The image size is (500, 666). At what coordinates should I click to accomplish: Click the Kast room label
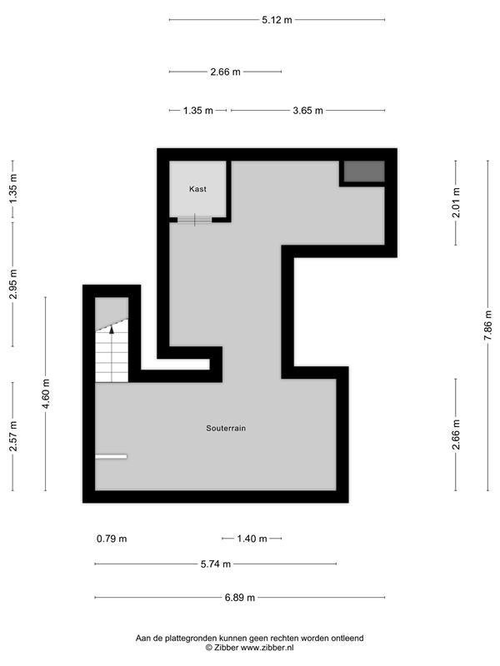pos(197,189)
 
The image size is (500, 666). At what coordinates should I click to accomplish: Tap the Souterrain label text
pos(226,428)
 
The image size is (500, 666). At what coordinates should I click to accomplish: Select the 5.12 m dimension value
pos(277,19)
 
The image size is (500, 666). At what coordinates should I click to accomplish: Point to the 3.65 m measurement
pos(307,111)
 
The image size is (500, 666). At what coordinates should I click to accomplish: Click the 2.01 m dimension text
pos(456,202)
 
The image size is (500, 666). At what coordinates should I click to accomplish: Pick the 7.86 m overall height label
pos(488,326)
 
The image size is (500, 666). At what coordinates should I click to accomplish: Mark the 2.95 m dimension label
pos(13,284)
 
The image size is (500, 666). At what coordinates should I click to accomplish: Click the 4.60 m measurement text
pos(46,394)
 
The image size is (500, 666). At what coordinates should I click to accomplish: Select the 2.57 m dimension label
pos(13,436)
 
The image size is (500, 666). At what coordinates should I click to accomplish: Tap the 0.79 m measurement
pos(112,539)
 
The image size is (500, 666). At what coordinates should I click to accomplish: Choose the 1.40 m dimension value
pos(252,539)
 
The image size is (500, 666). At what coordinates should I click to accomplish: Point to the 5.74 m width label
pos(216,564)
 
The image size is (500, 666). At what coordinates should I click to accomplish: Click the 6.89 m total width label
pos(240,598)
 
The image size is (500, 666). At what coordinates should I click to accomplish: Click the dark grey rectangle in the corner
pos(364,171)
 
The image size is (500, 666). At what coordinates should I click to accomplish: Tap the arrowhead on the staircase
pos(112,328)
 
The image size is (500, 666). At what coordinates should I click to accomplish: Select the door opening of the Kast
pos(195,220)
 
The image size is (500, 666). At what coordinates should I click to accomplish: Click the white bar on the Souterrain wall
pos(112,456)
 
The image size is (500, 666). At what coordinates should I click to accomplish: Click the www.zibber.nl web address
pos(266,648)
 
